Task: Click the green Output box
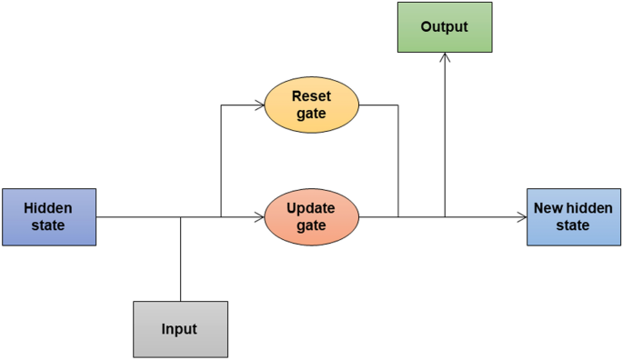(x=444, y=27)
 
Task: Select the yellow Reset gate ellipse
(x=311, y=105)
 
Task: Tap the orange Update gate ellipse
(x=311, y=216)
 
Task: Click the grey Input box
(x=179, y=328)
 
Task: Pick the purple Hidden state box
(x=48, y=216)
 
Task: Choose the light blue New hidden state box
(x=573, y=216)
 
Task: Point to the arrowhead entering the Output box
(x=444, y=57)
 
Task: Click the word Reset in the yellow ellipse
(x=311, y=95)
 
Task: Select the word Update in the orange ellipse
(x=311, y=207)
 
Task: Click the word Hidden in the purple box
(x=48, y=208)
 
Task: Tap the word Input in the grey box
(x=179, y=329)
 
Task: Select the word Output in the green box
(x=444, y=27)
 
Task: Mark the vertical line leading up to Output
(x=444, y=136)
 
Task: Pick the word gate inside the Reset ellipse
(x=311, y=114)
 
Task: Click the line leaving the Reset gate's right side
(x=380, y=105)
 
